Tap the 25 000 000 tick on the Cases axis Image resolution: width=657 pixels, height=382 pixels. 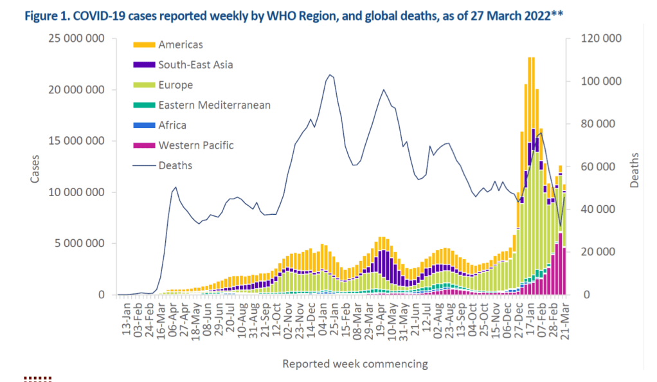(76, 39)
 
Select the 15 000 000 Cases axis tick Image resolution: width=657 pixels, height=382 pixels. (76, 141)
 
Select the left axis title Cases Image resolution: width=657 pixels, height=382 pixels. (35, 167)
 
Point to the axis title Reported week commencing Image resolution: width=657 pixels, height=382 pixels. (355, 364)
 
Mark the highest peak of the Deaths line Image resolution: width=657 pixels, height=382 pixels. (330, 75)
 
